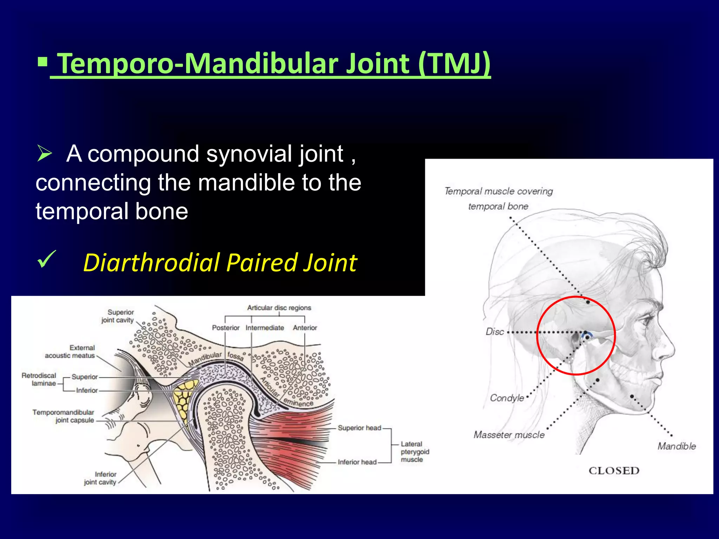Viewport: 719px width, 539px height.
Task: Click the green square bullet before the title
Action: [x=42, y=62]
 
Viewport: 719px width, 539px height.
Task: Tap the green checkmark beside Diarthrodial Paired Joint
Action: [x=46, y=260]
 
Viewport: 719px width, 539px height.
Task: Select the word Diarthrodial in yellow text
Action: [x=152, y=263]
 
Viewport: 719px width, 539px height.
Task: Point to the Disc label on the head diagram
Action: [x=495, y=332]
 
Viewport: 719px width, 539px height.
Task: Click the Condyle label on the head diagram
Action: [x=507, y=398]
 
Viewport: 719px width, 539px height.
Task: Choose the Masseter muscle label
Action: [x=509, y=435]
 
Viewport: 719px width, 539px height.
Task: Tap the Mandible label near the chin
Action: [x=676, y=446]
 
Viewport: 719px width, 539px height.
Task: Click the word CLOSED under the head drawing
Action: [x=614, y=471]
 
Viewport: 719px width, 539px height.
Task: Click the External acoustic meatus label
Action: [x=70, y=352]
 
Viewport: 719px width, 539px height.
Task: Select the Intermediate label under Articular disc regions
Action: [x=265, y=328]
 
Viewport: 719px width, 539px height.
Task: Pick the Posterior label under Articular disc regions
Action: [x=225, y=328]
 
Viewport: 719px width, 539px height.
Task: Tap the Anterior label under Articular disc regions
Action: [x=305, y=328]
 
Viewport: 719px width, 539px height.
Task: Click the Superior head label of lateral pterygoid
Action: [x=359, y=428]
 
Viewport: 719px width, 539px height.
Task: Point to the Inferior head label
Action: [x=357, y=462]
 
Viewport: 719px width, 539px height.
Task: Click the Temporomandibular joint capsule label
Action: [x=64, y=416]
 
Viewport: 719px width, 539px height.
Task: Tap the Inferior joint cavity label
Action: [x=100, y=478]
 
